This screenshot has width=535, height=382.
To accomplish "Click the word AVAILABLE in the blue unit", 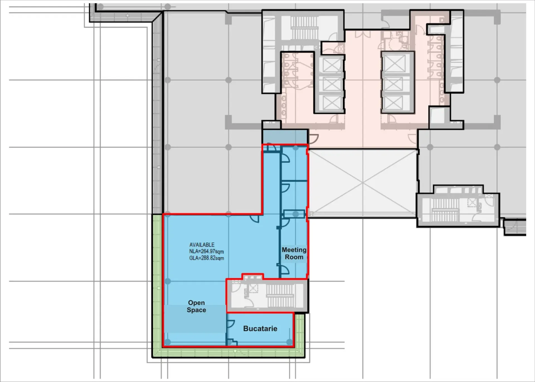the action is click(x=202, y=245).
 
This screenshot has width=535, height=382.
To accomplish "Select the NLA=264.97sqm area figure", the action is click(x=206, y=252).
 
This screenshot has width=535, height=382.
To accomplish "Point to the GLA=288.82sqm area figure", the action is click(x=206, y=258).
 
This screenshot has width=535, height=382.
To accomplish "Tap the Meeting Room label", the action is click(x=294, y=253).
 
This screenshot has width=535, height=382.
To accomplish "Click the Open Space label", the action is click(x=196, y=306).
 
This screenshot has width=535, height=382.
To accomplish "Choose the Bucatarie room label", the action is click(x=260, y=329).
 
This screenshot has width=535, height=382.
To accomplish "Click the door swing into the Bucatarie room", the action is click(x=231, y=324).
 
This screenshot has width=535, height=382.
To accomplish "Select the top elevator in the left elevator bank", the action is click(x=332, y=65).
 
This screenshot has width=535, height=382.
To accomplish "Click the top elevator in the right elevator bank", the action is click(x=393, y=63).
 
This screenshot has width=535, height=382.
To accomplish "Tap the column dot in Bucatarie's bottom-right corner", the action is click(x=290, y=342).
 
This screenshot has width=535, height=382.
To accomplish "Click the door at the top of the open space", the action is click(x=255, y=219).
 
